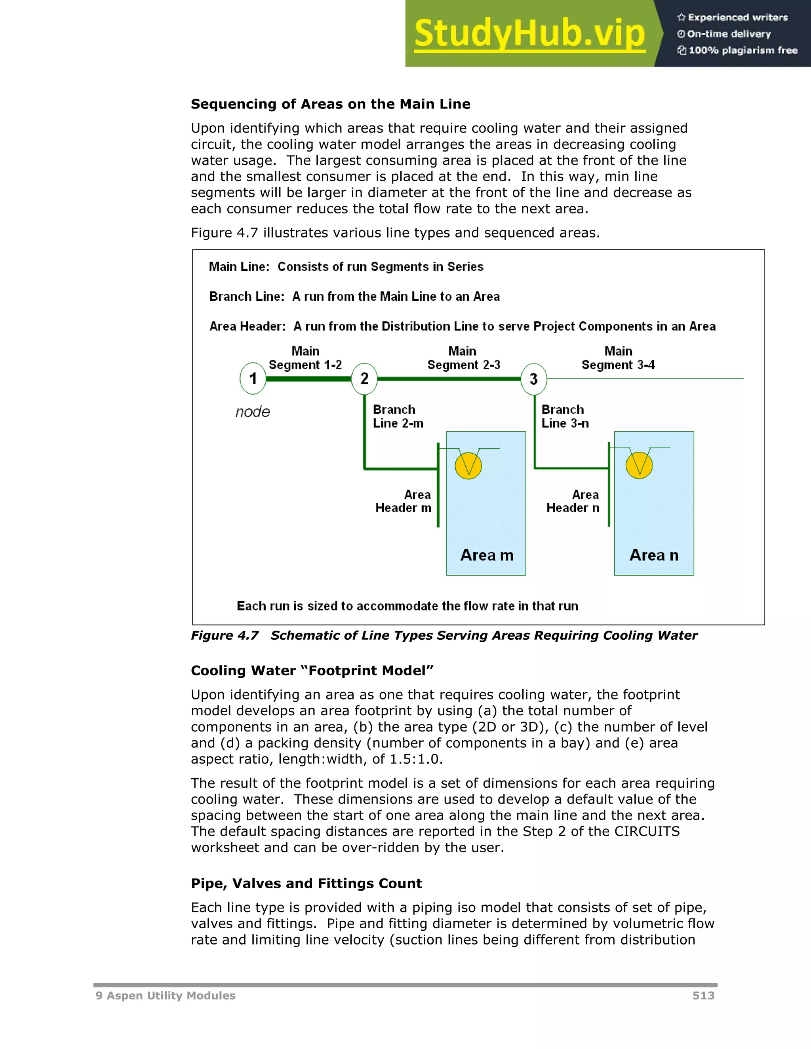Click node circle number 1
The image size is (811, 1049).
253,378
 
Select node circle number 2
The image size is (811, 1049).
364,378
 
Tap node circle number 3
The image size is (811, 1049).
533,379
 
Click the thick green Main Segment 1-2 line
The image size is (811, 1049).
308,379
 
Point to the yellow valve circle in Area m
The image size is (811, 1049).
468,466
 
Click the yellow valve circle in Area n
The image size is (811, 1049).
639,465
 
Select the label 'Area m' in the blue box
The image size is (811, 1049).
487,555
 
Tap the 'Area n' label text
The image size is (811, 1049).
654,555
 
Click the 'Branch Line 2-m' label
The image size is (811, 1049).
398,416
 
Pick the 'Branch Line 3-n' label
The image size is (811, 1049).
565,416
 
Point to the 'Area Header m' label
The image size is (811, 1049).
404,502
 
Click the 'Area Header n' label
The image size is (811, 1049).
573,502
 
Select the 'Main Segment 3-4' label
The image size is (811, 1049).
618,358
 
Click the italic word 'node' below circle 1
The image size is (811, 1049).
253,412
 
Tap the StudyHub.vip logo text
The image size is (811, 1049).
529,34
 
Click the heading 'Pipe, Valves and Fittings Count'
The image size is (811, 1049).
306,883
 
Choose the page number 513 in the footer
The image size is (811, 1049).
703,995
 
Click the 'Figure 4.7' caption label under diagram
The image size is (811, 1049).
225,635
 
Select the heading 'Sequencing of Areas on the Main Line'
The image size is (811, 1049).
331,104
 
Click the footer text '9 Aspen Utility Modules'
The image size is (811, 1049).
165,995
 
